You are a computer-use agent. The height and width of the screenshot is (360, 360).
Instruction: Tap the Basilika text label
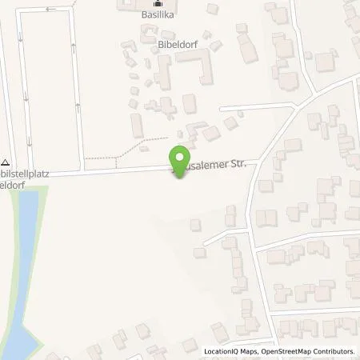(x=158, y=14)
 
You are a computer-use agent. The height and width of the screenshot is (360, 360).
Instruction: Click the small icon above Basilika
(x=158, y=2)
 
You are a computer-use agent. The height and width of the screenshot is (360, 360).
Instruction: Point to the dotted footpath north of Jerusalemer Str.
(x=120, y=148)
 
